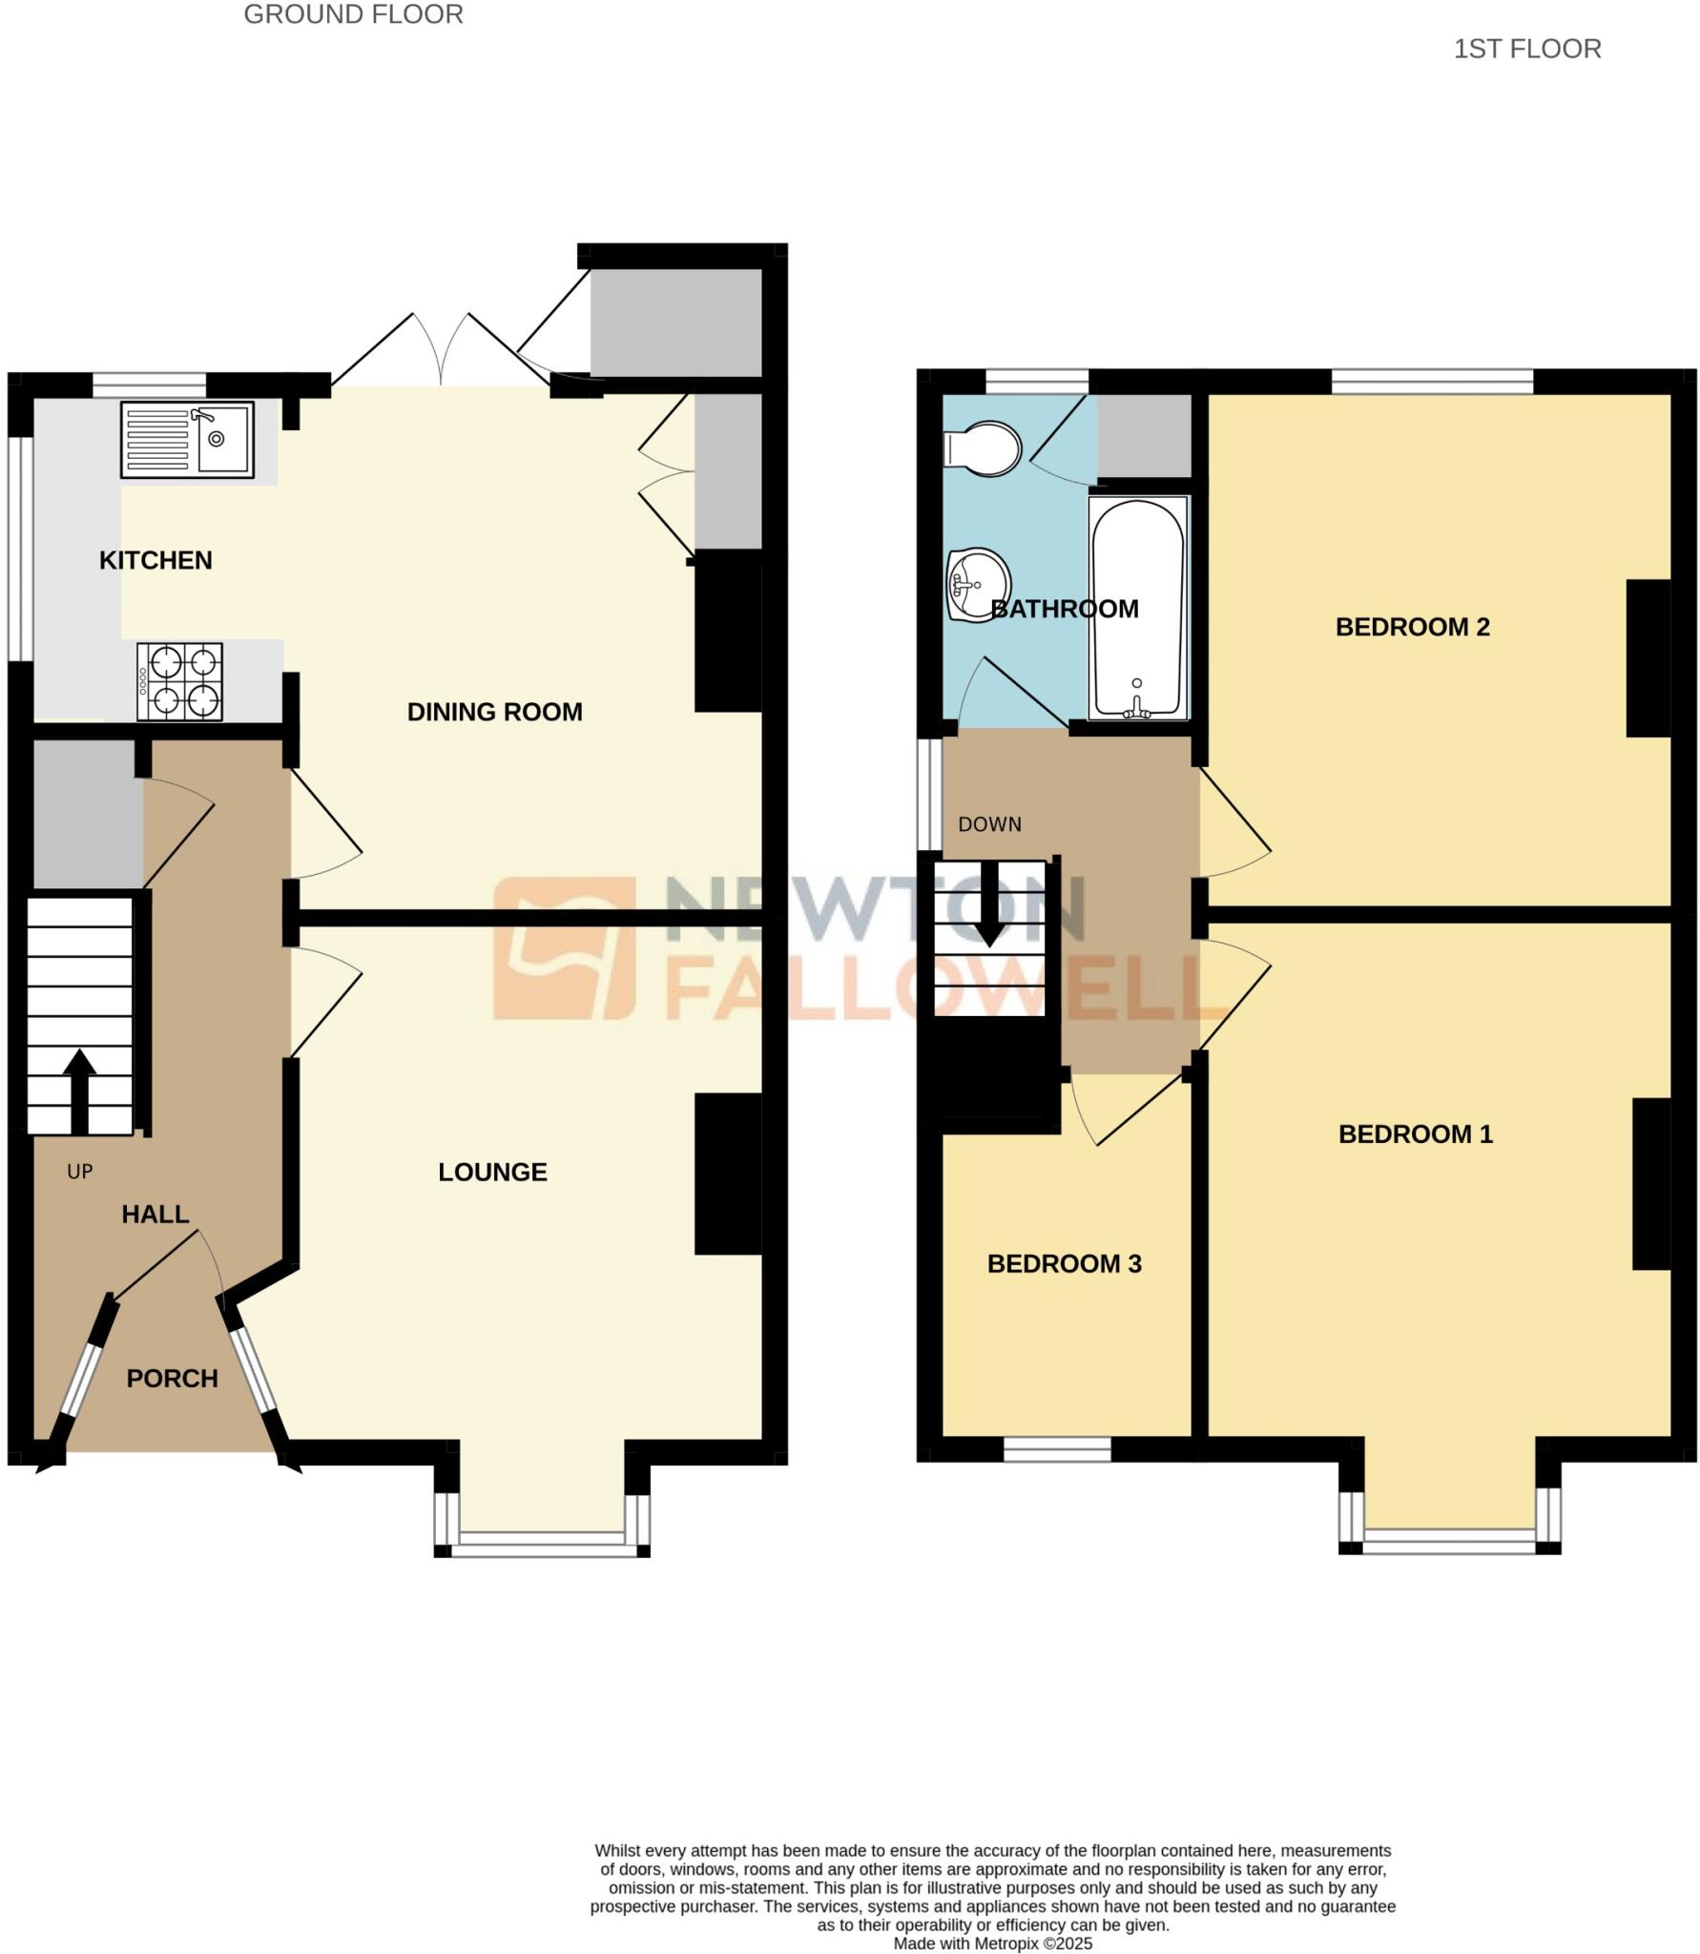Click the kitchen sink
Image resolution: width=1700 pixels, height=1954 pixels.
pyautogui.click(x=187, y=440)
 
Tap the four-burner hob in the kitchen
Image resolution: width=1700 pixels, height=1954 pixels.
pyautogui.click(x=179, y=681)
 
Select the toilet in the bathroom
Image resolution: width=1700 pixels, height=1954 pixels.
pyautogui.click(x=983, y=448)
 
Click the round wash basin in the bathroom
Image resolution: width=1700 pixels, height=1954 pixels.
pyautogui.click(x=978, y=585)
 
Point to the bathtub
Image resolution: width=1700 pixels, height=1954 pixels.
pyautogui.click(x=1138, y=608)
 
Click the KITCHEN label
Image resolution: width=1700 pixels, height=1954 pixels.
pyautogui.click(x=155, y=560)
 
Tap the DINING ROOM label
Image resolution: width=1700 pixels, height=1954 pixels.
pyautogui.click(x=494, y=712)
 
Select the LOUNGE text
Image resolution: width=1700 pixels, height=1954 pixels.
pyautogui.click(x=492, y=1172)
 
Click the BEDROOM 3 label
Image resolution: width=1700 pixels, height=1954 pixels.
pyautogui.click(x=1064, y=1263)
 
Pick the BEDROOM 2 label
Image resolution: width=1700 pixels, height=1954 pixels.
pyautogui.click(x=1412, y=627)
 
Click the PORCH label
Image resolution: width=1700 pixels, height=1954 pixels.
pyautogui.click(x=173, y=1378)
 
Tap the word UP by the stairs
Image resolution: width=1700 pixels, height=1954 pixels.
pyautogui.click(x=80, y=1172)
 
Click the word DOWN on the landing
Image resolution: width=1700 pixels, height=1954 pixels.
pyautogui.click(x=989, y=824)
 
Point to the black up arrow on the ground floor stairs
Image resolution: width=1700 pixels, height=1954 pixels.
pyautogui.click(x=79, y=1089)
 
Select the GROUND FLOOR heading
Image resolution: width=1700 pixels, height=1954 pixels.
pyautogui.click(x=353, y=14)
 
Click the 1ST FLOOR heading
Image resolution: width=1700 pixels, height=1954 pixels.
pyautogui.click(x=1526, y=49)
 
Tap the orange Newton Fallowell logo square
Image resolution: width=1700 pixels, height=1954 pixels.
pyautogui.click(x=564, y=948)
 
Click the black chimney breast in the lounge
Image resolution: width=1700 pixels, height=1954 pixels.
pyautogui.click(x=728, y=1174)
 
